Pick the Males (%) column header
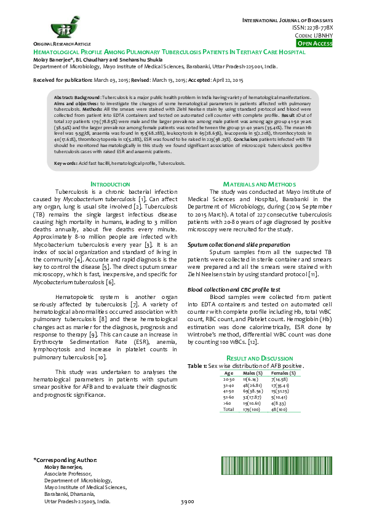pos(253,373)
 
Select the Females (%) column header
pos(284,373)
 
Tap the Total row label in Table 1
pos(229,408)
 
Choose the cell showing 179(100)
pos(253,408)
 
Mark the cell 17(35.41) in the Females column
pos(284,385)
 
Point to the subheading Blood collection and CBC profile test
pos(234,289)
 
